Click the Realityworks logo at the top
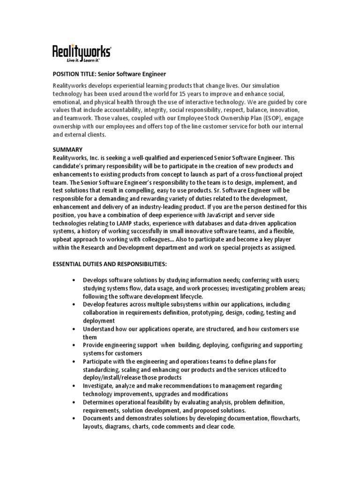(x=81, y=51)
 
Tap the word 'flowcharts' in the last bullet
(x=284, y=418)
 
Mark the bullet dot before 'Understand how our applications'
(x=75, y=329)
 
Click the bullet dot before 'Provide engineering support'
(x=75, y=345)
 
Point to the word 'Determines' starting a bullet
(x=99, y=402)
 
